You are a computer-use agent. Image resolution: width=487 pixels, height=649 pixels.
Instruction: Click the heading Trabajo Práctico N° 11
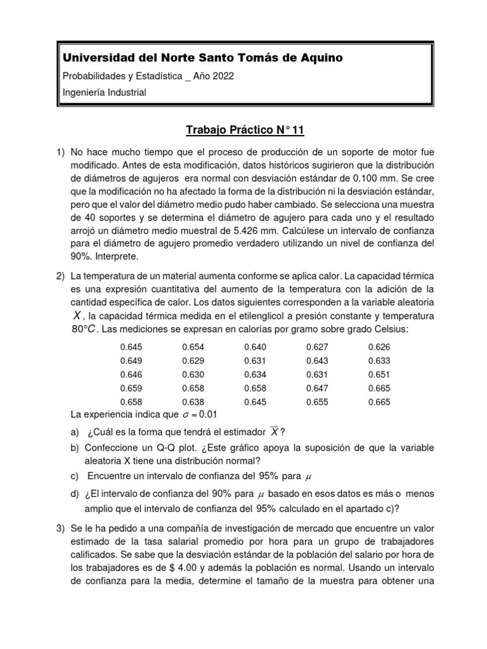point(245,131)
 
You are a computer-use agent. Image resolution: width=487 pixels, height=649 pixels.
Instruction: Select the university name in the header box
point(202,58)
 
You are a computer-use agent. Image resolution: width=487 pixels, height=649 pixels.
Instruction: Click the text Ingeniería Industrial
point(104,93)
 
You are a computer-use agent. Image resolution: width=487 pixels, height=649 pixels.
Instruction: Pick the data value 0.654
point(193,347)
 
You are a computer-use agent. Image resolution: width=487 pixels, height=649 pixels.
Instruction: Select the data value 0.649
point(131,361)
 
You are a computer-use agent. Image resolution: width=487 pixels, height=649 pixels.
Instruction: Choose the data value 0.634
point(256,374)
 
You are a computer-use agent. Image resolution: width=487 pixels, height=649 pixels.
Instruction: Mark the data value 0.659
point(131,388)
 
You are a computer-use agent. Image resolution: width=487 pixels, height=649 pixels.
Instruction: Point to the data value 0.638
point(193,402)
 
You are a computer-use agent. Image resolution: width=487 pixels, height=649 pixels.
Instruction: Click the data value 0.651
point(379,374)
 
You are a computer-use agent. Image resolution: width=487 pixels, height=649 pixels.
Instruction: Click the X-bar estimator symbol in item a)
point(274,431)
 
